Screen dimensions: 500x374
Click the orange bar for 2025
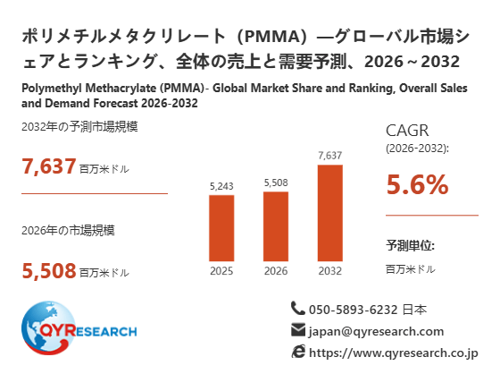click(221, 228)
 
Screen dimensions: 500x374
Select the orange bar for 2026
click(276, 226)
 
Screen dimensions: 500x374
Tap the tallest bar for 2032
click(330, 213)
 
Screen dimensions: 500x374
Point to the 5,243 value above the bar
click(221, 186)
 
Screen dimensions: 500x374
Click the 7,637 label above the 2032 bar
click(330, 156)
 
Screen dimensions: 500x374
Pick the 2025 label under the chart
click(221, 271)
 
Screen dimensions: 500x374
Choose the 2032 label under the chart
click(330, 271)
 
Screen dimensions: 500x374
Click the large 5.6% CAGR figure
click(418, 184)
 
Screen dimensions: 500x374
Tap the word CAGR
click(407, 131)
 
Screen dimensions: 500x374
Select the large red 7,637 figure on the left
click(49, 166)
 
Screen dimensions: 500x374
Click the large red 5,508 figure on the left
click(49, 271)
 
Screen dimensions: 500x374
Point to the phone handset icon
click(298, 308)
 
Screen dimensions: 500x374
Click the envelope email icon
click(298, 330)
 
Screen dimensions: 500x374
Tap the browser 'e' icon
click(298, 352)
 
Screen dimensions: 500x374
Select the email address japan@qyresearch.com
click(376, 331)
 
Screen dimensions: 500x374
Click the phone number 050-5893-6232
click(353, 310)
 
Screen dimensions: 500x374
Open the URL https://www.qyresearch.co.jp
click(394, 353)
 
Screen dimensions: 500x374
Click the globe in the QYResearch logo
click(48, 327)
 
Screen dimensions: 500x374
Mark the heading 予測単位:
click(411, 245)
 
